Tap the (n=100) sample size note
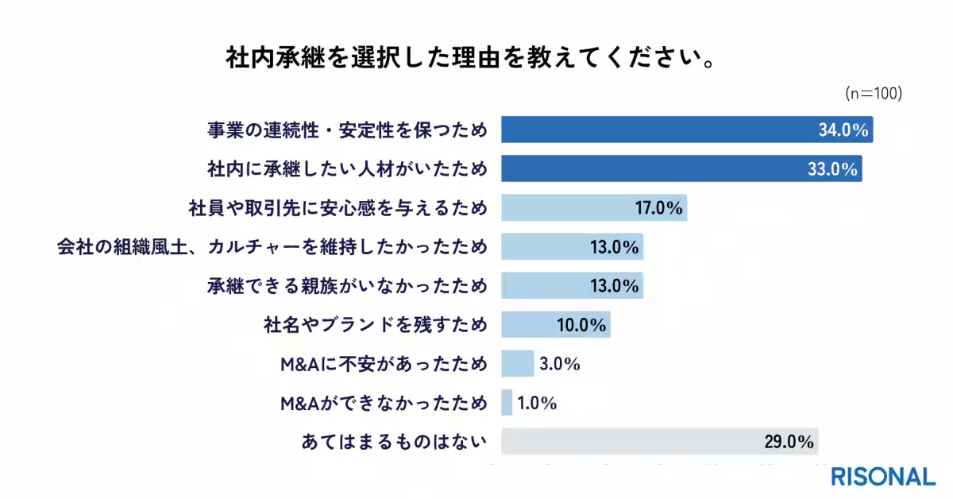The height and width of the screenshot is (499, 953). [x=873, y=94]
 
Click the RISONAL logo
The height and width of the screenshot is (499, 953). [x=883, y=477]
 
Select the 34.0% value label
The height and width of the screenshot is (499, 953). [x=843, y=130]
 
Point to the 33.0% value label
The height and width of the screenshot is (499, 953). [x=832, y=169]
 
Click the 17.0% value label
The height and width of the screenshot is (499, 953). [x=658, y=208]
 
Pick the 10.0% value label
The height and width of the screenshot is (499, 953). [x=581, y=325]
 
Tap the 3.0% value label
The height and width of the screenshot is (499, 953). [x=559, y=364]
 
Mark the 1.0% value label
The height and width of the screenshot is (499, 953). [x=536, y=403]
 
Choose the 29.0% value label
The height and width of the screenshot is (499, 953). [x=789, y=442]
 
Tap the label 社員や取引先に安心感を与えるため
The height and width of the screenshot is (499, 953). [x=336, y=208]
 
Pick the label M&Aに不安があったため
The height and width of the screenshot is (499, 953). [x=384, y=364]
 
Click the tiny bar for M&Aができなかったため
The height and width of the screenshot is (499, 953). [x=507, y=403]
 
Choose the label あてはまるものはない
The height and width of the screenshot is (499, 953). [x=394, y=442]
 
